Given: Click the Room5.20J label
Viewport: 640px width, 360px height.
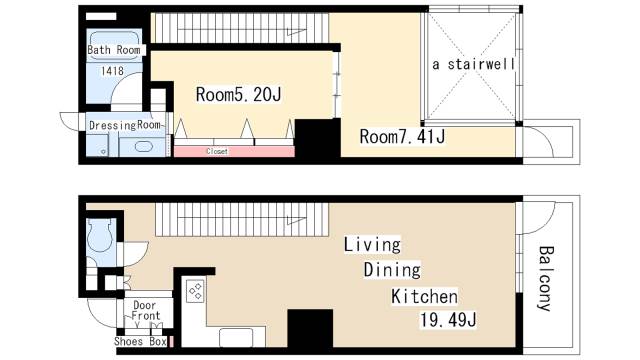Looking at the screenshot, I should (239, 95).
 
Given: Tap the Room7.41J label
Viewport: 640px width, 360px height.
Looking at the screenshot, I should (400, 135).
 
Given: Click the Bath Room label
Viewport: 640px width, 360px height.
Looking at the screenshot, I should (112, 49).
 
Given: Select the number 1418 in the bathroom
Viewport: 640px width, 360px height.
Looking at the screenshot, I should (112, 71).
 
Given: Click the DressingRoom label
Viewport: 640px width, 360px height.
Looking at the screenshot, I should (125, 125).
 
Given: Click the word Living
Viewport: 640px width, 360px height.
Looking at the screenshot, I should (372, 244).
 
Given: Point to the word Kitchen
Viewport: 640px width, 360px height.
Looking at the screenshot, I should (423, 297).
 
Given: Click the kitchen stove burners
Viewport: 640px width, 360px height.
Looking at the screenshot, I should (195, 292).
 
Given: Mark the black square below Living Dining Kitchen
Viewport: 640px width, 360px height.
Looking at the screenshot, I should (310, 329).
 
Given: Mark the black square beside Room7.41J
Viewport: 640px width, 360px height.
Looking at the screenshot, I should (318, 138).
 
